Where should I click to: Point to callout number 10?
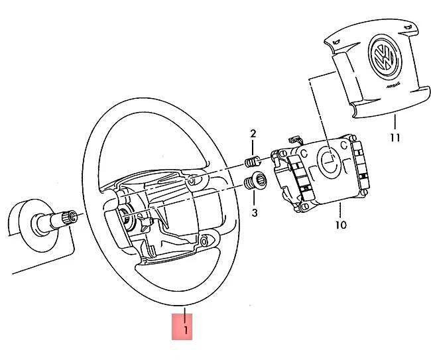click(x=340, y=225)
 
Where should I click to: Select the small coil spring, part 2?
click(x=253, y=160)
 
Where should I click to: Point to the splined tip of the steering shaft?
click(x=70, y=215)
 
